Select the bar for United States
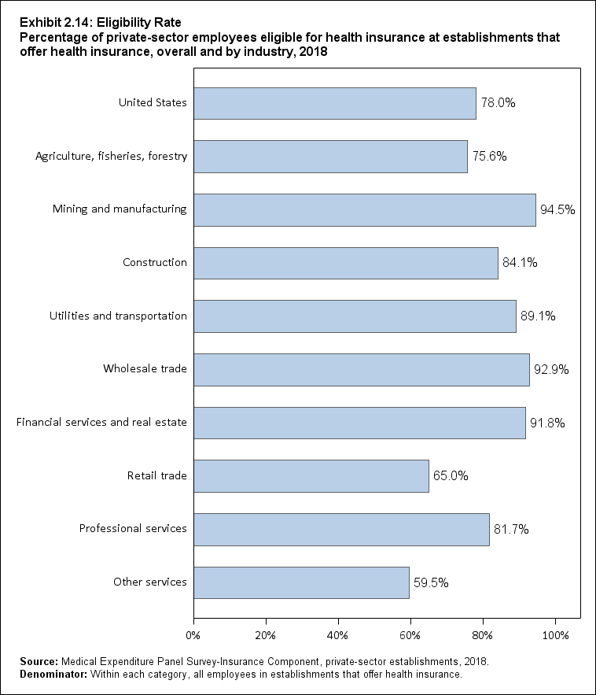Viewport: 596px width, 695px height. point(334,103)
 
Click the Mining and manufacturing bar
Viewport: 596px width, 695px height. point(364,209)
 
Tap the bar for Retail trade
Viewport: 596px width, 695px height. point(311,476)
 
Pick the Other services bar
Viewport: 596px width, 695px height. point(301,582)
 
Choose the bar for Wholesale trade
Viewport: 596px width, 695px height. point(361,369)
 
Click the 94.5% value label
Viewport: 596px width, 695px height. point(557,210)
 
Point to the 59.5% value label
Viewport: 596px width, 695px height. point(431,583)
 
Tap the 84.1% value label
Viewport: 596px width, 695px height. point(519,263)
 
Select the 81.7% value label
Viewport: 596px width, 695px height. point(511,530)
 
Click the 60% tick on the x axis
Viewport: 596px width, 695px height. point(410,634)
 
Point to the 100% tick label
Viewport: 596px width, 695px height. point(555,634)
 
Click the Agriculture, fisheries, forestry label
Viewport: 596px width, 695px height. point(111,156)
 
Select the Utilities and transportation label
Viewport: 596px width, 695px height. point(118,316)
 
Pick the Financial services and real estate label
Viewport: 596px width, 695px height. point(101,423)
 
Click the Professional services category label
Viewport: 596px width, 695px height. point(133,529)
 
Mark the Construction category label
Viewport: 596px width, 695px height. point(155,263)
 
